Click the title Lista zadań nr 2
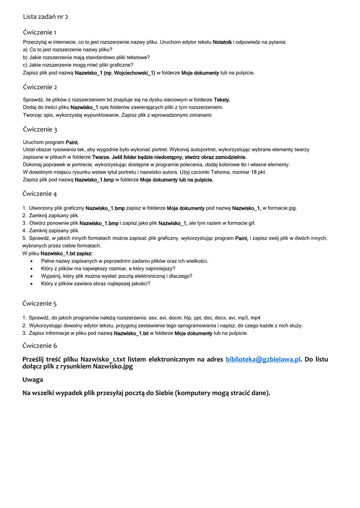coord(46,16)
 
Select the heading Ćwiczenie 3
coord(40,129)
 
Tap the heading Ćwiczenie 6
coord(40,345)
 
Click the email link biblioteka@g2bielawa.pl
coord(263,359)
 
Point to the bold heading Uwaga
coord(33,380)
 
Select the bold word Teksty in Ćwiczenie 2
coord(221,100)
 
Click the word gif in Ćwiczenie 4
coord(252,223)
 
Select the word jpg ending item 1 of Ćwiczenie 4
coord(293,208)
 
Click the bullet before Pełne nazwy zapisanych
coord(32,261)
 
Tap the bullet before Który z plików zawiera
coord(32,283)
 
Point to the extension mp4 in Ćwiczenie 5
coord(255,318)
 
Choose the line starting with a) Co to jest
coord(68,50)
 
